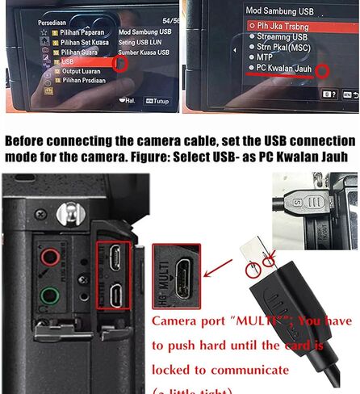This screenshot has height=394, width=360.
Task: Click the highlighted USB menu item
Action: click(77, 61)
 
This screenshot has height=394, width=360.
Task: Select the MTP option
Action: click(265, 58)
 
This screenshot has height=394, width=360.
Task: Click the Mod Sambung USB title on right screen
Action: click(279, 11)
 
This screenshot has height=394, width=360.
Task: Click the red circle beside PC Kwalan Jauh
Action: click(323, 70)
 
